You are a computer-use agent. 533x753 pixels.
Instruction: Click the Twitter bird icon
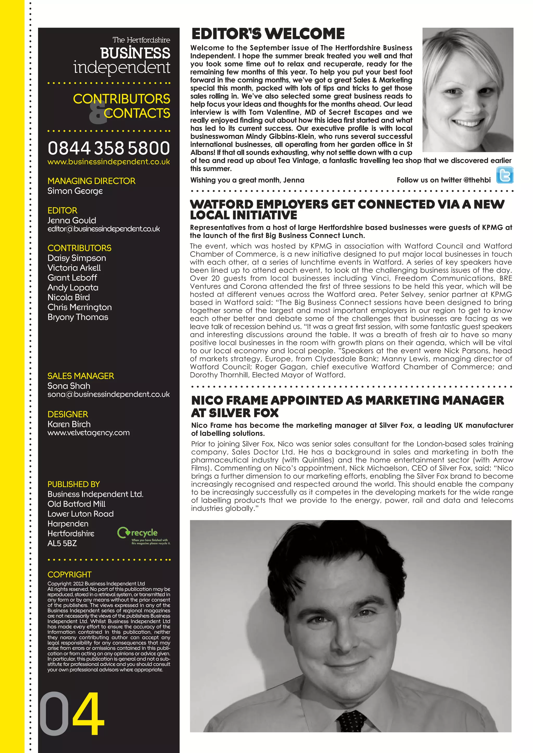(504, 175)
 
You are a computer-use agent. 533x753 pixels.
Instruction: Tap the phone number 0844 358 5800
(109, 148)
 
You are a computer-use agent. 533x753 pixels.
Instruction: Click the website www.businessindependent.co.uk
(109, 162)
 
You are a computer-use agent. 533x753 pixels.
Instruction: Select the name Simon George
(75, 191)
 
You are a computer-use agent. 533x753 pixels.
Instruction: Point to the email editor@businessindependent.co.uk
(104, 229)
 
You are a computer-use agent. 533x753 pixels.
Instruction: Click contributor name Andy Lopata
(73, 288)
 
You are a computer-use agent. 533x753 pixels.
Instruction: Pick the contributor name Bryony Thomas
(78, 317)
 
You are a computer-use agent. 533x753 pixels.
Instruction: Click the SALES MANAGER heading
(81, 376)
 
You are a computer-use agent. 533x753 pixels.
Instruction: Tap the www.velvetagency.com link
(88, 433)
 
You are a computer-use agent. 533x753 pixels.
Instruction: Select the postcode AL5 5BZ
(62, 543)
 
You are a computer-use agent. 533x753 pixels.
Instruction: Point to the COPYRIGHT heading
(69, 575)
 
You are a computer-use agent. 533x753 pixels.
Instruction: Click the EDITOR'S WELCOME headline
(268, 34)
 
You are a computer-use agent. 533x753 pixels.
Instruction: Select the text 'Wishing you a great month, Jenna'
(247, 180)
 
